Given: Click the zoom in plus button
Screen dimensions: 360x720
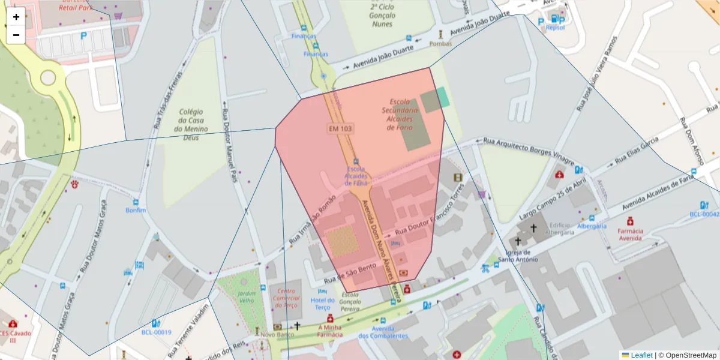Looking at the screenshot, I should (x=16, y=17).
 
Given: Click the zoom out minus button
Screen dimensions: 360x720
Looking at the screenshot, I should (x=16, y=35).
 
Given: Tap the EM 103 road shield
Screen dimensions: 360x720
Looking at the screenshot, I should (x=340, y=128).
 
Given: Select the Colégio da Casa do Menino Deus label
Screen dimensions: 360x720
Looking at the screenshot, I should (x=191, y=125).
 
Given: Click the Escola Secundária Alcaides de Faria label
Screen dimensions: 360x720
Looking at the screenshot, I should (x=400, y=114).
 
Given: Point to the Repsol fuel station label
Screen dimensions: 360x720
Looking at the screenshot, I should (x=555, y=27).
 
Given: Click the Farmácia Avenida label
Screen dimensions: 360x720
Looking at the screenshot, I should (x=630, y=234).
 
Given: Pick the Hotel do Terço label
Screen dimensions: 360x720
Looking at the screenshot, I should (x=322, y=304).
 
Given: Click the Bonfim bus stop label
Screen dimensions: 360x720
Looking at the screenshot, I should (x=136, y=211).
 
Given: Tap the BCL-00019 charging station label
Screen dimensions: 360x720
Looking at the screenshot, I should (x=156, y=332).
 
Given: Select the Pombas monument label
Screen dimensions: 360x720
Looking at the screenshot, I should (x=441, y=44).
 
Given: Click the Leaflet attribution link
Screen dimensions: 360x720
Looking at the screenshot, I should (x=641, y=355).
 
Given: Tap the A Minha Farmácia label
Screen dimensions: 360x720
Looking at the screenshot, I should (x=329, y=331).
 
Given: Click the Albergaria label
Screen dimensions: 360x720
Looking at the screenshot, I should (x=592, y=226).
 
